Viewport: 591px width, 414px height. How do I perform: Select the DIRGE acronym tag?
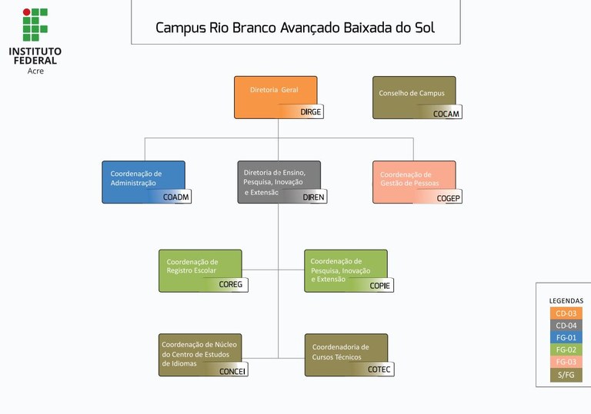310,112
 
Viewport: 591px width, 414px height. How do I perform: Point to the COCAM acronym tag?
446,114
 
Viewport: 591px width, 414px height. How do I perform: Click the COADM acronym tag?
176,197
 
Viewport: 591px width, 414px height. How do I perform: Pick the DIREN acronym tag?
313,197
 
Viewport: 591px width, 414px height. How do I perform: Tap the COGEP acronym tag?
448,198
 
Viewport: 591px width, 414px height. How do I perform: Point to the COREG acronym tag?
230,285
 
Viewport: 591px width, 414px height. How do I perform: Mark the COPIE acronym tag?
380,286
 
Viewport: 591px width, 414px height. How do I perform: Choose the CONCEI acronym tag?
232,371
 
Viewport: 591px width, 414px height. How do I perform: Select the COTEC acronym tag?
379,370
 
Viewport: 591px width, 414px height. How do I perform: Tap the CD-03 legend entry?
566,313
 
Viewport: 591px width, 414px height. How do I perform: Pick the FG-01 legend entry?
566,337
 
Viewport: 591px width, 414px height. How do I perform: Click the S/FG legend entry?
566,375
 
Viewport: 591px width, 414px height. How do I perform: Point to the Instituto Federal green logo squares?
35,25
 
